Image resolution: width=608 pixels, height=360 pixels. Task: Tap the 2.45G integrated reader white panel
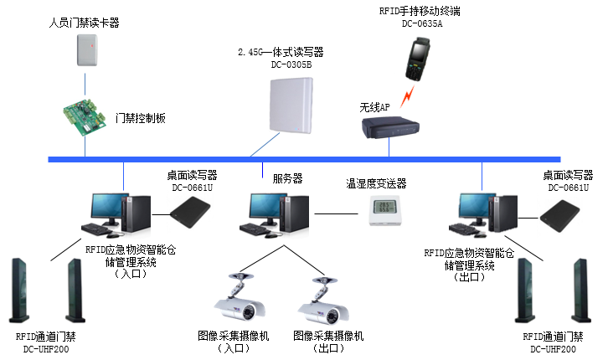coord(292,105)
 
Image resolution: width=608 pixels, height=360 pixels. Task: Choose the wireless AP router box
coord(389,128)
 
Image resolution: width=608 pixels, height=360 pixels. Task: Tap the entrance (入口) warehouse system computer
coord(118,214)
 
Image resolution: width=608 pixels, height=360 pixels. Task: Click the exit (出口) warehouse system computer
coord(482,213)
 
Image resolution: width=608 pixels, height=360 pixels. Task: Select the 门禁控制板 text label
coord(140,118)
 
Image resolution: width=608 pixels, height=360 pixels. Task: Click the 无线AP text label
coord(375,107)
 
